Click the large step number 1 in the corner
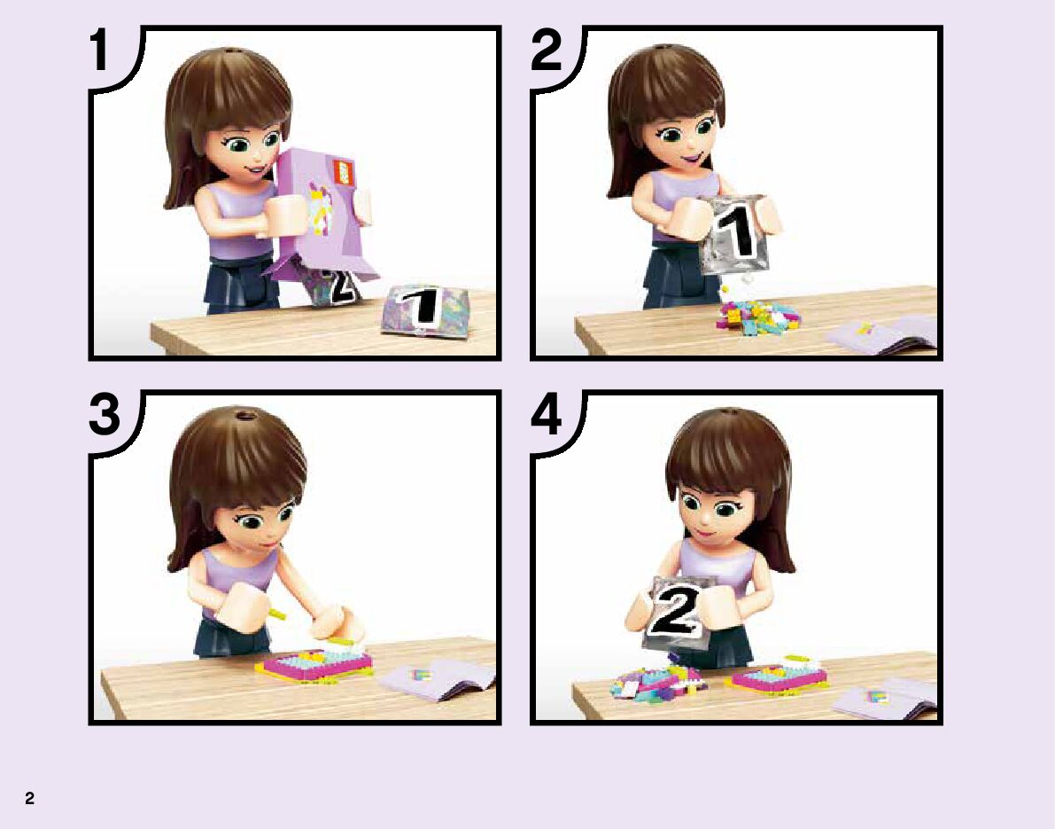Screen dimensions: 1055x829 [101, 50]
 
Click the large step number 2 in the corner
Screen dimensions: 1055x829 [546, 50]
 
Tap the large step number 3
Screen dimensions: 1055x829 [105, 414]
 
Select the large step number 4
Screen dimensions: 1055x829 [547, 414]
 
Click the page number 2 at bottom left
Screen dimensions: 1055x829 [29, 798]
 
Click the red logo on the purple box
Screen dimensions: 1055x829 [344, 172]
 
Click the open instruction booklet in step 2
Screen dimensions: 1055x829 [882, 334]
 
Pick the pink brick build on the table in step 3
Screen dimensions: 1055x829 [314, 662]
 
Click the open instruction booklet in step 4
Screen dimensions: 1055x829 [886, 699]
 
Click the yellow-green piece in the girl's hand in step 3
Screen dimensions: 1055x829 [276, 614]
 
